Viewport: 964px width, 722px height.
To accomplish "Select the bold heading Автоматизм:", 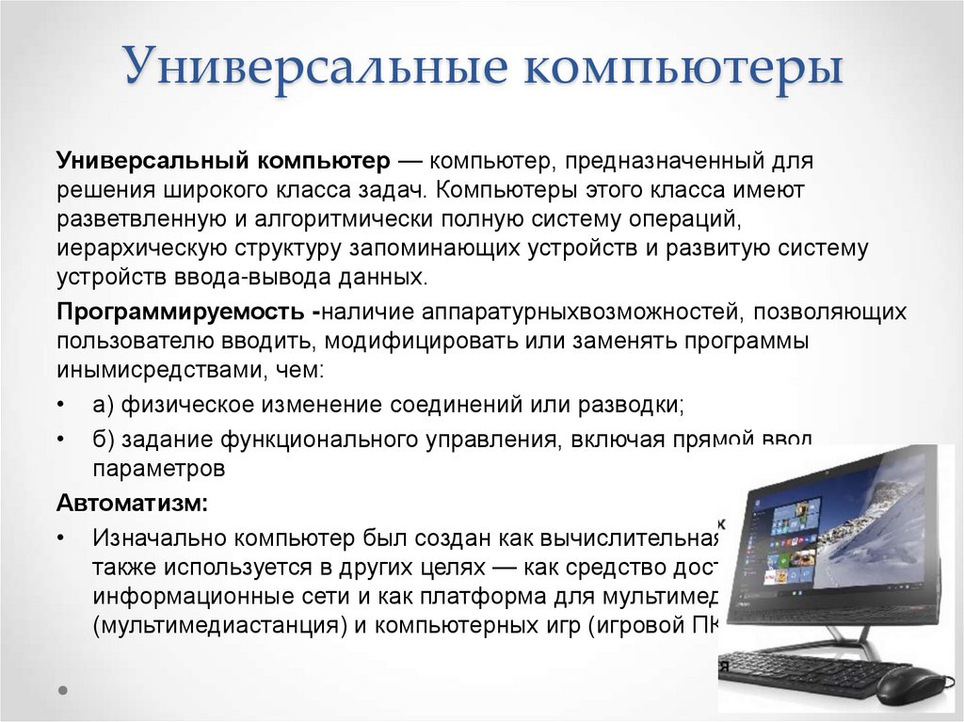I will pos(132,503).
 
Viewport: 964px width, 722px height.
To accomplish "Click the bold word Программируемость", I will pos(180,312).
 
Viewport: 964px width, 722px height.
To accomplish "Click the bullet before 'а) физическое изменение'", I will pos(61,406).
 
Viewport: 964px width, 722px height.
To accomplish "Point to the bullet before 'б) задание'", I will pos(61,440).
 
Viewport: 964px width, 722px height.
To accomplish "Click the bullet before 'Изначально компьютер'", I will pos(61,538).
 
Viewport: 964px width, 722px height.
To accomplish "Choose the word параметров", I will pos(158,467).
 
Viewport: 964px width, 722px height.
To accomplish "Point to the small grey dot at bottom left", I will pos(63,689).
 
